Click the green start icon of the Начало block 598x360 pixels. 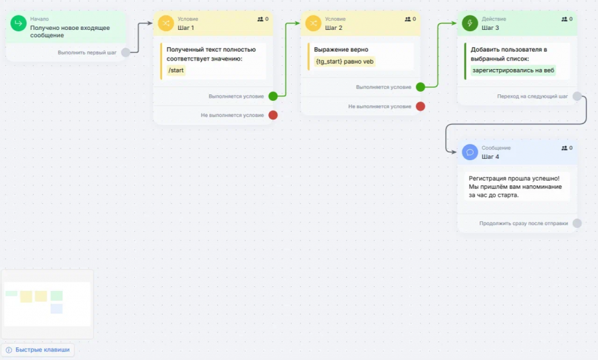[19, 23]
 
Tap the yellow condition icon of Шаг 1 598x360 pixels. [166, 23]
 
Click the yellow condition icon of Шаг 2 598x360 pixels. [313, 23]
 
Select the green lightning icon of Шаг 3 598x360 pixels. [470, 23]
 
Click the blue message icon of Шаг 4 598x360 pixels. [470, 152]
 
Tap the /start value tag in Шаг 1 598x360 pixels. [176, 70]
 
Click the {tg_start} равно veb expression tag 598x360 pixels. [345, 62]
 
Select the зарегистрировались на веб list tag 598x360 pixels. [513, 70]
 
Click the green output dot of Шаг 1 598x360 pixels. [273, 96]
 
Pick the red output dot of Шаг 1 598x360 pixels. [273, 115]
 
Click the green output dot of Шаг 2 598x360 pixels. [421, 87]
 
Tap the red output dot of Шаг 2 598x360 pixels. [421, 106]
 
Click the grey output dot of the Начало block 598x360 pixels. [126, 52]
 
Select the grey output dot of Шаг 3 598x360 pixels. [577, 96]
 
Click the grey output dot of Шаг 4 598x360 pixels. [577, 223]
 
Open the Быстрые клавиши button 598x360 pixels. [38, 349]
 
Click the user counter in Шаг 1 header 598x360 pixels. [262, 19]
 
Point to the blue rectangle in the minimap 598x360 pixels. [56, 308]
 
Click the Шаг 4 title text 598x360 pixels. [490, 157]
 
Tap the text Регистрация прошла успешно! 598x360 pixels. [514, 179]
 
